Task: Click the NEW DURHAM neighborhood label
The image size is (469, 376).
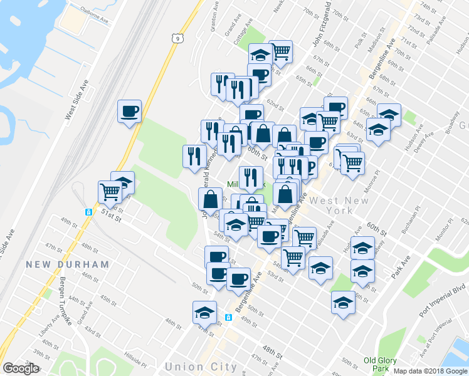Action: click(x=67, y=265)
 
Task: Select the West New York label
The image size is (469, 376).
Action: click(x=340, y=206)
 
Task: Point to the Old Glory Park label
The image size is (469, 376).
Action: click(x=380, y=365)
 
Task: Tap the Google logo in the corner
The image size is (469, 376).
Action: click(x=21, y=368)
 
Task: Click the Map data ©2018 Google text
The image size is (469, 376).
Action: click(x=430, y=371)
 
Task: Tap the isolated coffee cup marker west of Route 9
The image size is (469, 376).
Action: click(x=129, y=112)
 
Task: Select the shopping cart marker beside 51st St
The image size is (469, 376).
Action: click(x=110, y=191)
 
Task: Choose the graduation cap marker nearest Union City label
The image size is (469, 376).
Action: click(x=204, y=311)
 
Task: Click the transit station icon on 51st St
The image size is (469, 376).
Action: click(x=88, y=212)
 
